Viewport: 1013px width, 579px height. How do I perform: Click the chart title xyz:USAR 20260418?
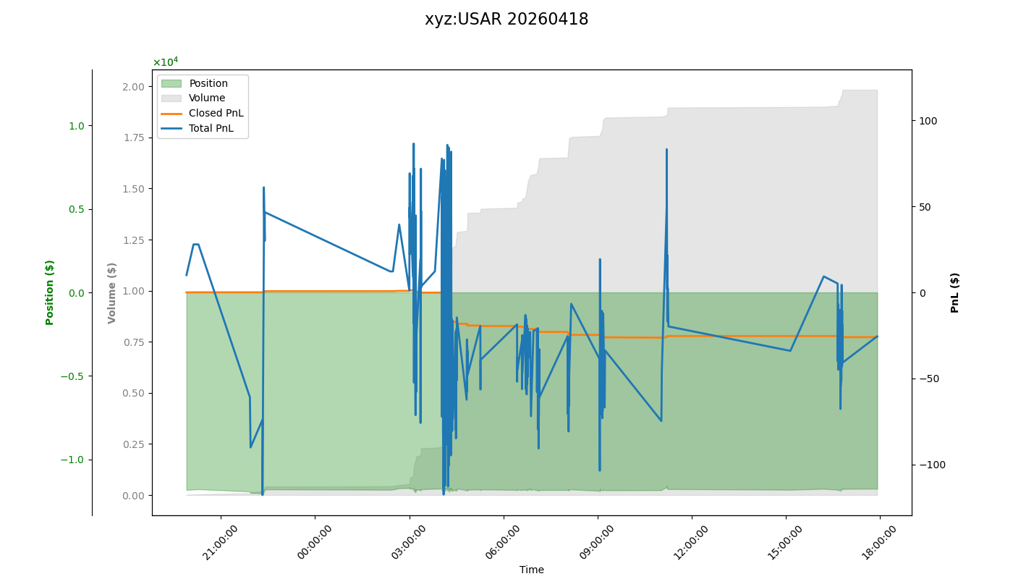pyautogui.click(x=506, y=20)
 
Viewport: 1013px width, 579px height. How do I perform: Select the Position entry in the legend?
pyautogui.click(x=208, y=83)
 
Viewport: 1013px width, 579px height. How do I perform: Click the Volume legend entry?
pyautogui.click(x=207, y=98)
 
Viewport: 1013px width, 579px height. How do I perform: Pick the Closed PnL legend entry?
pyautogui.click(x=216, y=113)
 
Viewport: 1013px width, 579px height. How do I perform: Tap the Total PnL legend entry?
pyautogui.click(x=212, y=128)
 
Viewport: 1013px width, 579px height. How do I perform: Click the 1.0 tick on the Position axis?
pyautogui.click(x=76, y=126)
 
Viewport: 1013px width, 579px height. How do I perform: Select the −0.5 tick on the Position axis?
pyautogui.click(x=72, y=376)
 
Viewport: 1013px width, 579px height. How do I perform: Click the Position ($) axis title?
pyautogui.click(x=50, y=292)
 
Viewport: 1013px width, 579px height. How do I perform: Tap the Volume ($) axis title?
pyautogui.click(x=112, y=292)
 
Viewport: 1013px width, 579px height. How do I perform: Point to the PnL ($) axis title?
pyautogui.click(x=955, y=292)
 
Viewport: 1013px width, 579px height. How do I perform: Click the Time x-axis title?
pyautogui.click(x=532, y=570)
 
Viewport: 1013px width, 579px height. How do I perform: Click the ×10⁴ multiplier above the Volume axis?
pyautogui.click(x=165, y=62)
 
